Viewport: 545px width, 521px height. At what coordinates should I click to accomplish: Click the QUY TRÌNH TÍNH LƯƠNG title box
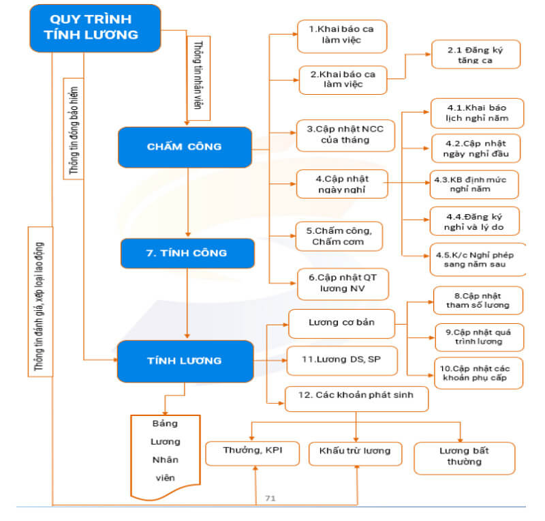[x=95, y=28]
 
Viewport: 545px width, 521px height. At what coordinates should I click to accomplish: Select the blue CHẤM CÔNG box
[x=185, y=147]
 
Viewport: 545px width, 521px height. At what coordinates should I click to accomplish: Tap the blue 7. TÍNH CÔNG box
[x=187, y=254]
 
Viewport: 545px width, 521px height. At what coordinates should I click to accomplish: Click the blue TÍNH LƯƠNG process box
[x=185, y=361]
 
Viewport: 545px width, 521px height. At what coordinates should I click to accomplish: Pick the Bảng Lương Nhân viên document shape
[x=166, y=456]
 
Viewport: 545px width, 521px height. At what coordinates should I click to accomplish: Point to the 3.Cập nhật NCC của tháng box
[x=345, y=136]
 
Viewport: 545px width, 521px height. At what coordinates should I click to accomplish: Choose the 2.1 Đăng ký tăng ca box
[x=476, y=55]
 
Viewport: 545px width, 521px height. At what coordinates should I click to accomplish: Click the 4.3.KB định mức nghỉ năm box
[x=474, y=184]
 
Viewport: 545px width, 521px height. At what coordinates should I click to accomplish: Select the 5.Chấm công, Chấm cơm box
[x=339, y=237]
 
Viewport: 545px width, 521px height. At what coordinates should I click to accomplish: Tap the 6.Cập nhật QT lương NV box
[x=343, y=284]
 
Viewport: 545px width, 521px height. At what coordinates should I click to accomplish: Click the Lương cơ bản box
[x=342, y=324]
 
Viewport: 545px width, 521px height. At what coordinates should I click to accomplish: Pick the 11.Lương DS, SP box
[x=342, y=361]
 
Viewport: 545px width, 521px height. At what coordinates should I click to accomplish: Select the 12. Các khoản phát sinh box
[x=356, y=399]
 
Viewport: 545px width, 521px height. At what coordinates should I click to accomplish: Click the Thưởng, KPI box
[x=252, y=453]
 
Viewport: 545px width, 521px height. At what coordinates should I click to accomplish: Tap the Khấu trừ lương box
[x=355, y=454]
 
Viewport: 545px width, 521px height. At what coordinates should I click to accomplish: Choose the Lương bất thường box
[x=465, y=458]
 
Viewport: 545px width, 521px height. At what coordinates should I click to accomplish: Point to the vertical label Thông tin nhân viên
[x=198, y=78]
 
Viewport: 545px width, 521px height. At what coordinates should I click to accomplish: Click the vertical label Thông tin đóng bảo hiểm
[x=74, y=129]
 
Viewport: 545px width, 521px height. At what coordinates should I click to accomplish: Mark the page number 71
[x=270, y=498]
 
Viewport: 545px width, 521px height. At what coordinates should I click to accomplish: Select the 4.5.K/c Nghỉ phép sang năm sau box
[x=478, y=260]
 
